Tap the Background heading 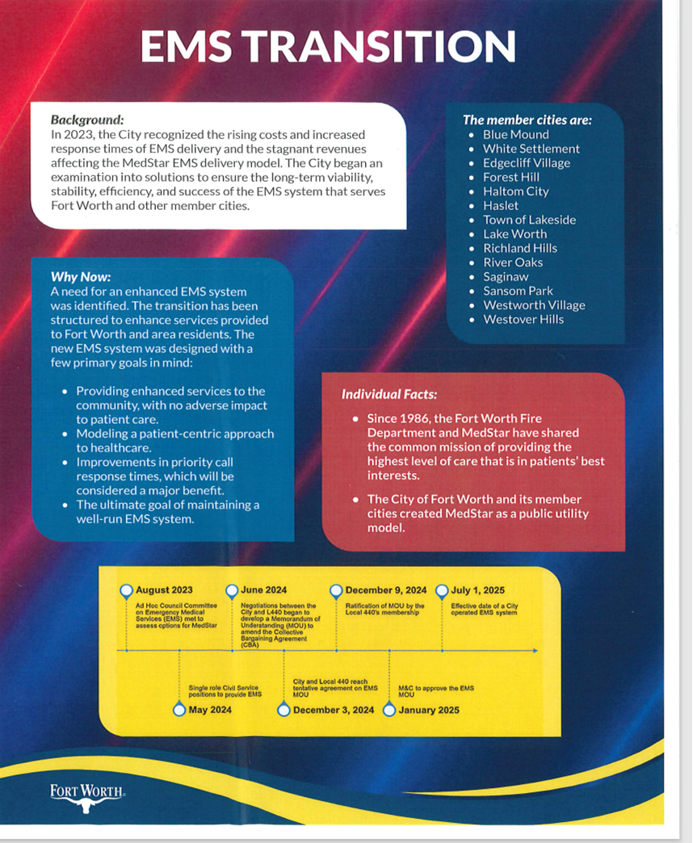coord(87,120)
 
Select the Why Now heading coord(81,276)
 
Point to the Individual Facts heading coord(389,394)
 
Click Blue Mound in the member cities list coord(515,135)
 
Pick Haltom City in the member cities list coord(515,191)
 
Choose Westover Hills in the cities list coord(523,320)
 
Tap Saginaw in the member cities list coord(506,277)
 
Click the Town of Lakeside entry coord(529,220)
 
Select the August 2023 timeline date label coord(164,590)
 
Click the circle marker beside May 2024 coord(179,710)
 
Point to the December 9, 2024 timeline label coord(386,590)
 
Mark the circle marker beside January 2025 coord(389,710)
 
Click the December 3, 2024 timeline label coord(334,711)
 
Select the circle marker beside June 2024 coord(232,590)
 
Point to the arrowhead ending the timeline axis coord(535,650)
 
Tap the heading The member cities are coord(527,120)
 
